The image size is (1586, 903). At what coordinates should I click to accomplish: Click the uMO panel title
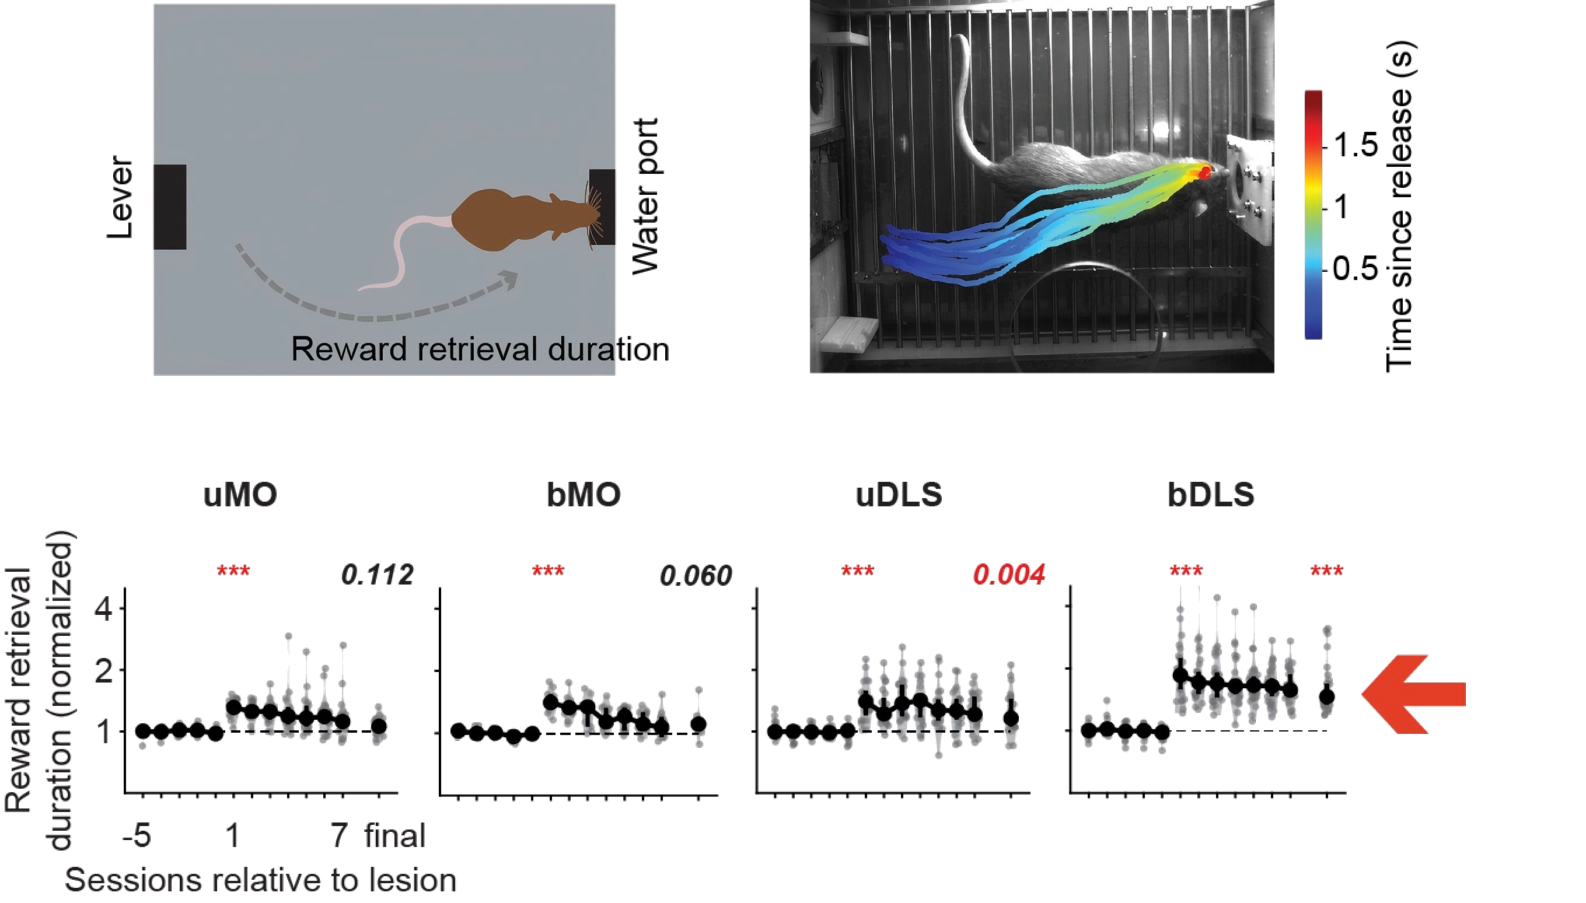pyautogui.click(x=240, y=495)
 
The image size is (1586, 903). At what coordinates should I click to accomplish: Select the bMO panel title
pyautogui.click(x=583, y=495)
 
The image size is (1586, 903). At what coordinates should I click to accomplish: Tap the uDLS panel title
pyautogui.click(x=899, y=495)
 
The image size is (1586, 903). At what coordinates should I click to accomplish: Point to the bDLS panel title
pyautogui.click(x=1211, y=495)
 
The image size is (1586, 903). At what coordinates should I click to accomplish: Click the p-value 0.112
pyautogui.click(x=377, y=576)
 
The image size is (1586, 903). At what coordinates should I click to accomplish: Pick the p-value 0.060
pyautogui.click(x=696, y=576)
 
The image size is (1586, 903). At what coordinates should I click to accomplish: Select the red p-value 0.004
pyautogui.click(x=1008, y=575)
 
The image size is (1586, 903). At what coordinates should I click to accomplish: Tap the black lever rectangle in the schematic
pyautogui.click(x=170, y=207)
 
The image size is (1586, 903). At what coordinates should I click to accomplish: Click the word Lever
pyautogui.click(x=120, y=197)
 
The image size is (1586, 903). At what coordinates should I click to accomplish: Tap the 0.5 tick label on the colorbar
pyautogui.click(x=1355, y=268)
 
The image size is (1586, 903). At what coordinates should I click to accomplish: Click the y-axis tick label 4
pyautogui.click(x=104, y=610)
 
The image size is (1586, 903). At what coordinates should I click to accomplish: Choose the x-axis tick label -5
pyautogui.click(x=137, y=835)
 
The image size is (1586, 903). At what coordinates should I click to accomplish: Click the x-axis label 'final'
pyautogui.click(x=395, y=835)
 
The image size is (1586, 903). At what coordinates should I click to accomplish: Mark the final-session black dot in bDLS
pyautogui.click(x=1327, y=697)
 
